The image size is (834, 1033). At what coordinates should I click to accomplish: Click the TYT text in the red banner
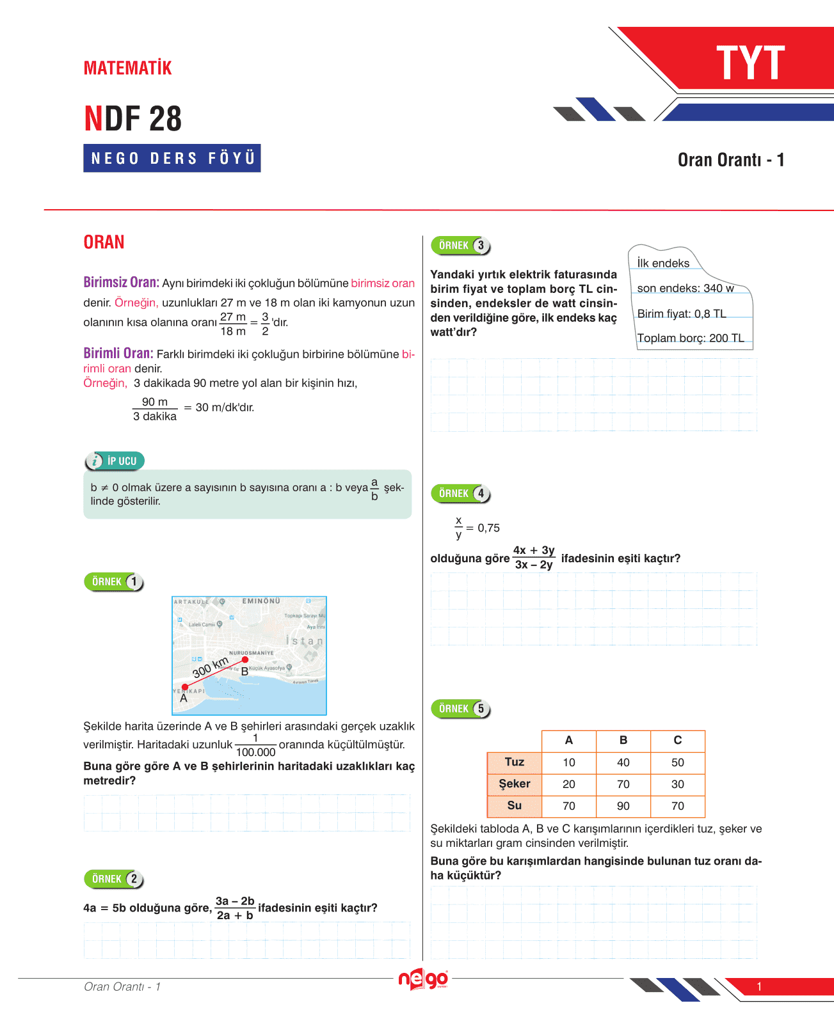point(750,63)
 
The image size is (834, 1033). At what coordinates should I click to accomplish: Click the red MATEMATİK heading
point(128,68)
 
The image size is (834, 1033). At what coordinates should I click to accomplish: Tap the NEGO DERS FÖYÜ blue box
point(172,158)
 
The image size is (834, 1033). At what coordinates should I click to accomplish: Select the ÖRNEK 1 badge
point(114,582)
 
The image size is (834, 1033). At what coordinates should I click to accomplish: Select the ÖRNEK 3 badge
point(461,246)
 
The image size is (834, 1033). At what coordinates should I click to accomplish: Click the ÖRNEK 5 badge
point(461,709)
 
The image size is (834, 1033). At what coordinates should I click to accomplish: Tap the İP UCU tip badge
point(115,461)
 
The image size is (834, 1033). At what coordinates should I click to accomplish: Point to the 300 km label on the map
point(211,667)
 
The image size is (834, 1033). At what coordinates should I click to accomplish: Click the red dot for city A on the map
point(185,687)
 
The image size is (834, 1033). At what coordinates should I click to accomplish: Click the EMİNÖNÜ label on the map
point(261,601)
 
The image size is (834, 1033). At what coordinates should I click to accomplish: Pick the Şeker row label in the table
point(514,784)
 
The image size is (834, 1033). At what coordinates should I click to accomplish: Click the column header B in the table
point(623,741)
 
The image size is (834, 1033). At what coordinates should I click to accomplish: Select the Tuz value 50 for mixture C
point(678,762)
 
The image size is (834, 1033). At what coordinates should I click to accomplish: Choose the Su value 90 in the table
point(623,806)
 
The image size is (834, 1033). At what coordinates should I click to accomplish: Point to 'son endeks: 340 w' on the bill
point(686,288)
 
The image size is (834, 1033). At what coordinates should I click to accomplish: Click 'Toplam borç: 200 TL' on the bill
point(691,338)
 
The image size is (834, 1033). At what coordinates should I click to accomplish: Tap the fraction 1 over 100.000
point(255,746)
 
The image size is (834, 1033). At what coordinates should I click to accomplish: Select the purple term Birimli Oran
point(118,353)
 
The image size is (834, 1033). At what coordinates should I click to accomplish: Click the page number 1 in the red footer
point(759,986)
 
